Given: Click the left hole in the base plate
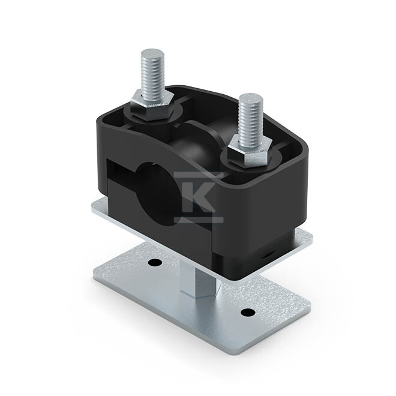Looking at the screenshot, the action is pyautogui.click(x=155, y=262).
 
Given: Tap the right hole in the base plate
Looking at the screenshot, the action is pyautogui.click(x=248, y=313).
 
